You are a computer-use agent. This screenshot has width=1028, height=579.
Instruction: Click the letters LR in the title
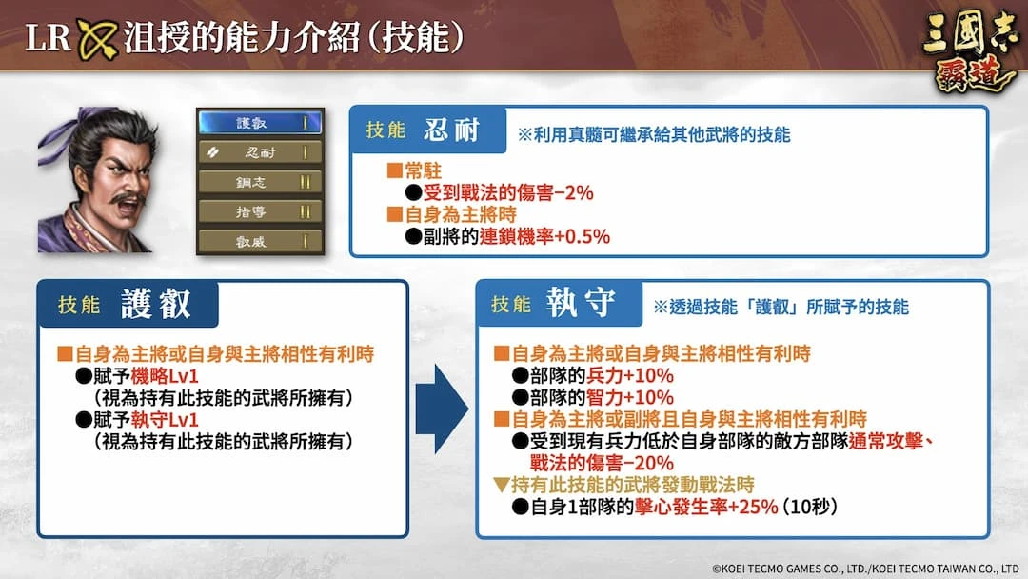(x=48, y=37)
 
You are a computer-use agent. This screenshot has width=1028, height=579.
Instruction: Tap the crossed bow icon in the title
(x=97, y=38)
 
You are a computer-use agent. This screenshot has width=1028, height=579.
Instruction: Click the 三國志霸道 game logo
(x=971, y=51)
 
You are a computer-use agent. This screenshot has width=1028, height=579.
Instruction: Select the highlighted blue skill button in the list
(x=260, y=123)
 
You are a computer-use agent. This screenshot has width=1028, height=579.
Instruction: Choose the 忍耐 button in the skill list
(x=260, y=152)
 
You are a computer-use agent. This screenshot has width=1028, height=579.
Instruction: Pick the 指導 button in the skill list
(x=260, y=211)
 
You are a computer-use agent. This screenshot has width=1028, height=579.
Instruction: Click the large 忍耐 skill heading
(x=452, y=130)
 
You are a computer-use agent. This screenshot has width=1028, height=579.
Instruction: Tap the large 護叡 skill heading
(x=156, y=304)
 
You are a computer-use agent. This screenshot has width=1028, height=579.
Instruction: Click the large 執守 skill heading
(x=581, y=303)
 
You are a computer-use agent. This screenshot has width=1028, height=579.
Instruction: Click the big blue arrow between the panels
(x=442, y=409)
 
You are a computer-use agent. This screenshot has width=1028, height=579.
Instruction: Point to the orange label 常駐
(x=423, y=171)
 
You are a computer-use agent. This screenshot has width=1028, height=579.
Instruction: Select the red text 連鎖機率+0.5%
(x=544, y=236)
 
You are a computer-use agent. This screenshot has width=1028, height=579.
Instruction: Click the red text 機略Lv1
(x=165, y=376)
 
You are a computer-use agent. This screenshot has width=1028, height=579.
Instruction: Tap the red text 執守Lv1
(x=165, y=420)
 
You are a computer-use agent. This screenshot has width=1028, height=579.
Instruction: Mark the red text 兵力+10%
(x=630, y=376)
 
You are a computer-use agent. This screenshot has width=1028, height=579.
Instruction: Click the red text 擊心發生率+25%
(x=706, y=507)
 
